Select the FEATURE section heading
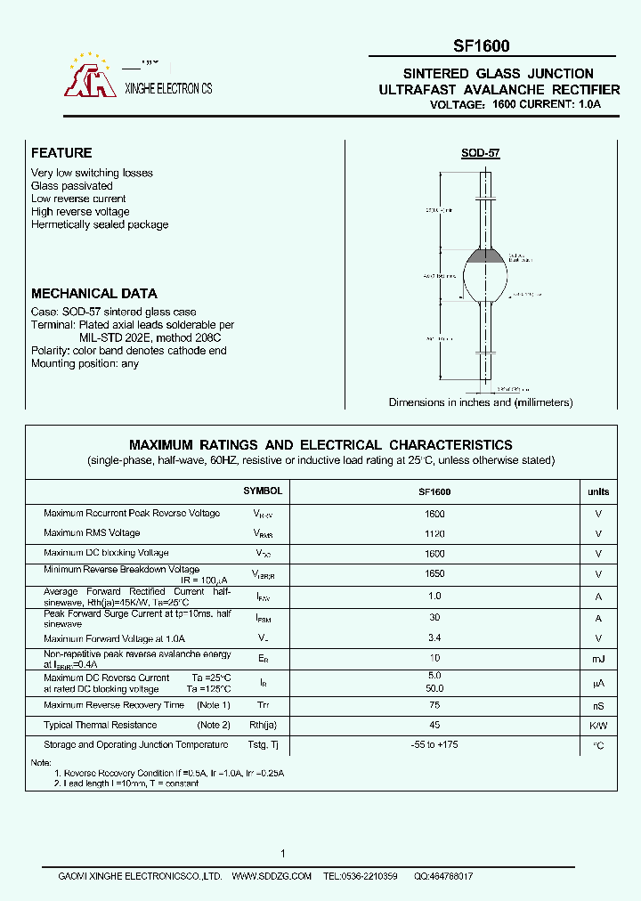click(x=61, y=153)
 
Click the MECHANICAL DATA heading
click(x=94, y=293)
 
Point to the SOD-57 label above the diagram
click(x=481, y=153)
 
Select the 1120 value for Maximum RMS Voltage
click(x=435, y=533)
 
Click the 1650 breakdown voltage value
click(x=435, y=574)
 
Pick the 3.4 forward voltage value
click(x=435, y=638)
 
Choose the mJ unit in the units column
click(x=598, y=659)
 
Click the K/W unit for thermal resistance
click(x=598, y=726)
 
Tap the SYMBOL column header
click(x=263, y=491)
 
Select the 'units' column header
click(x=598, y=491)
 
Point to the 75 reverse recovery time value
click(x=435, y=705)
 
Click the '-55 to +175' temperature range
click(x=435, y=744)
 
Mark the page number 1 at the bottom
click(x=283, y=854)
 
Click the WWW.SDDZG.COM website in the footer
click(x=272, y=877)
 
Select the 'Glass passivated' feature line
click(x=72, y=186)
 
